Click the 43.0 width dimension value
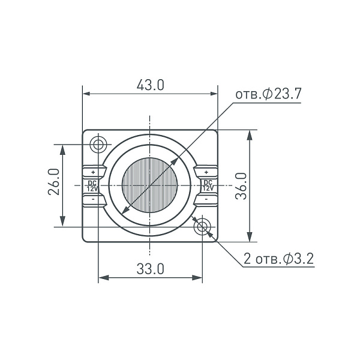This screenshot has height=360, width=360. click(151, 85)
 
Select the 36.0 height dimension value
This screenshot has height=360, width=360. click(241, 186)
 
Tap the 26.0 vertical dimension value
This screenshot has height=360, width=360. click(54, 182)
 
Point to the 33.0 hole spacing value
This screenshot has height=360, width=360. click(151, 269)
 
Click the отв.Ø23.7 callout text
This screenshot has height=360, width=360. click(268, 94)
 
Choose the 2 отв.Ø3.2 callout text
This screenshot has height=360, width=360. click(278, 259)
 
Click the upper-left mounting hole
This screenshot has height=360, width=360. click(98, 145)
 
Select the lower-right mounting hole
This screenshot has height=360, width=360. click(202, 227)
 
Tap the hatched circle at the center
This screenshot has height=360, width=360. click(149, 185)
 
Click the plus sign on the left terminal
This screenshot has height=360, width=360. click(93, 172)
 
